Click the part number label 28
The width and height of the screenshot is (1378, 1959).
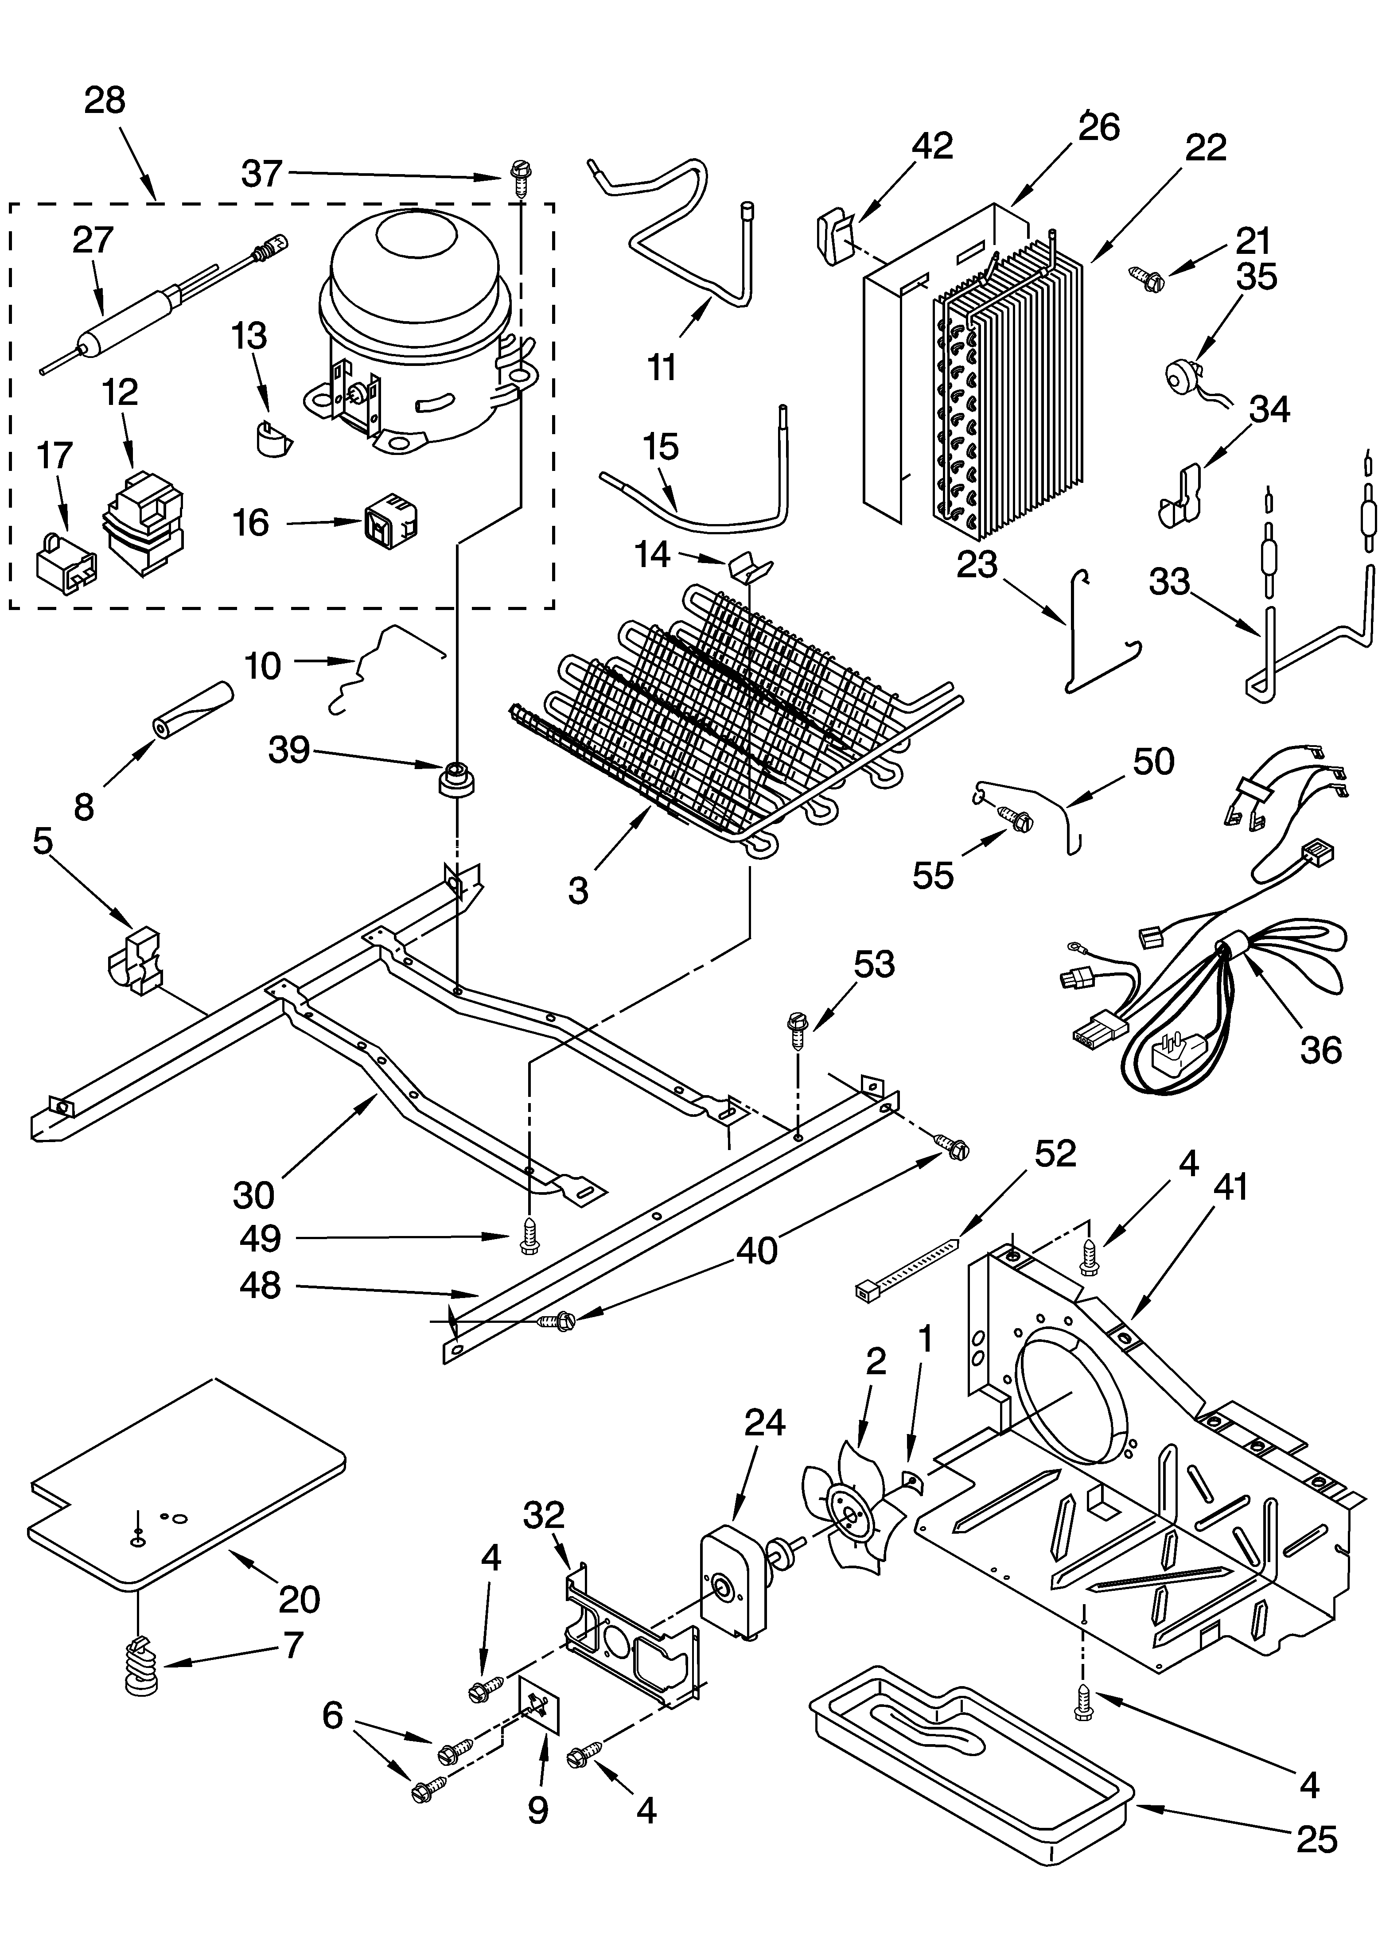105,101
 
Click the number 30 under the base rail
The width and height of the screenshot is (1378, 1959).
253,1195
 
